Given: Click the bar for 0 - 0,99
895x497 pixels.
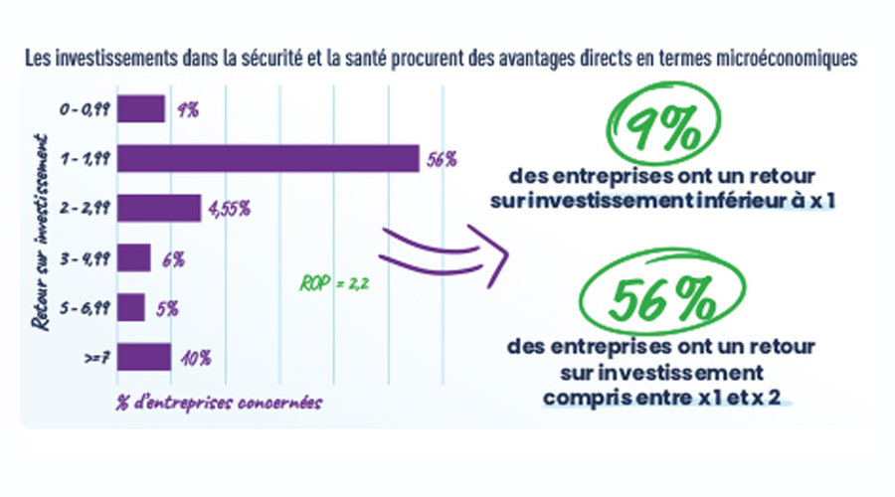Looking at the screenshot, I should point(141,108).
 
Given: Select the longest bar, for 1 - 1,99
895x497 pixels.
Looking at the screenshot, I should point(268,158).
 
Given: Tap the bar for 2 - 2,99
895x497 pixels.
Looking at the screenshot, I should point(159,208).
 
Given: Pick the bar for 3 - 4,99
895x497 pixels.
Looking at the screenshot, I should point(134,258).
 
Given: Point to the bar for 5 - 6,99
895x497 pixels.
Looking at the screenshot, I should point(131,307).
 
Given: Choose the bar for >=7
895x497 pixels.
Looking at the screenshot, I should point(144,357).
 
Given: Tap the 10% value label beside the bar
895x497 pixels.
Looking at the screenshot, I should point(196,358).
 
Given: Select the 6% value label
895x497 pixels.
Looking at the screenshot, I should point(173,259).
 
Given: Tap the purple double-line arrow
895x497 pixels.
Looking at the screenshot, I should point(443,252).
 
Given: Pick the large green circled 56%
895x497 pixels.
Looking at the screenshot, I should point(658,299).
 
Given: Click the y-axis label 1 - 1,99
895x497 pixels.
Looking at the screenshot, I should point(85,158).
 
